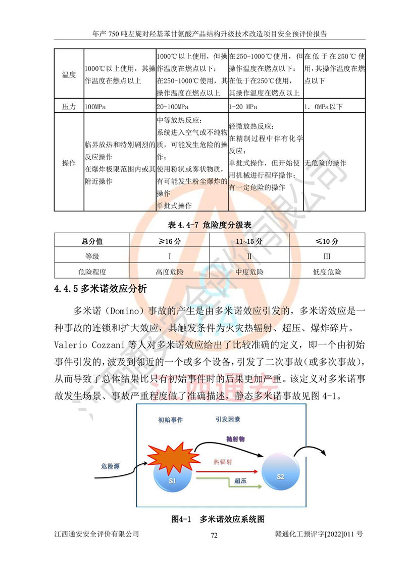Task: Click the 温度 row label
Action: (x=69, y=75)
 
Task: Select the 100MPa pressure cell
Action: (x=95, y=107)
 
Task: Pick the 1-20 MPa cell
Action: (x=243, y=107)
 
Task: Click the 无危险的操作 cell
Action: (x=326, y=163)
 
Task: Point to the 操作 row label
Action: (x=69, y=163)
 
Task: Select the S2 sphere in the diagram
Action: (x=281, y=476)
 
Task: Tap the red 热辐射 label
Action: (x=223, y=462)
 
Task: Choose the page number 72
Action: (x=214, y=536)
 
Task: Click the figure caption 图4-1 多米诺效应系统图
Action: (x=218, y=519)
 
